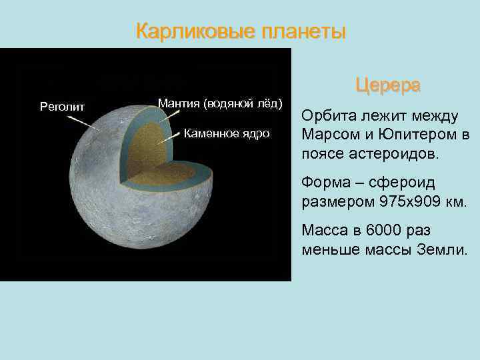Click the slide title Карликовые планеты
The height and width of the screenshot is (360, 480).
point(241,32)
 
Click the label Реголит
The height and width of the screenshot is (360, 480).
point(61,105)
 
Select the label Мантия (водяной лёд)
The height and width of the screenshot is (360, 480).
point(221,103)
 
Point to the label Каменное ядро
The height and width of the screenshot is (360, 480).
point(227,134)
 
